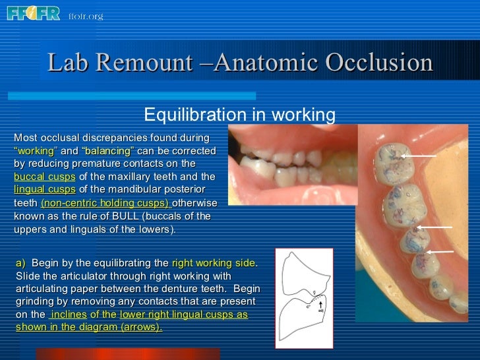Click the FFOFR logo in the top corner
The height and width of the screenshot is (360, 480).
point(33,13)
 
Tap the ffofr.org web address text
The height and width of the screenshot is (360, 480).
point(86,16)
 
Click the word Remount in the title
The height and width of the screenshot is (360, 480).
point(145,63)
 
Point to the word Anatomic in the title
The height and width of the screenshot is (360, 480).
point(264,63)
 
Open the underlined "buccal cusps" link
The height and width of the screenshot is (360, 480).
point(44,176)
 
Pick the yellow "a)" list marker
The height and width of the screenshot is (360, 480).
point(20,262)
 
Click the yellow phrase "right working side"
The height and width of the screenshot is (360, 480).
point(212,262)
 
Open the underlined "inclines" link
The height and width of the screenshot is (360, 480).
point(68,315)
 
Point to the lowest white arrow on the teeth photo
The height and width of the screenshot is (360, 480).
point(441,251)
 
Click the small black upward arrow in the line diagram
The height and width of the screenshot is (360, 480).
point(320,324)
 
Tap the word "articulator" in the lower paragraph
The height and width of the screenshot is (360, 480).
point(72,276)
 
